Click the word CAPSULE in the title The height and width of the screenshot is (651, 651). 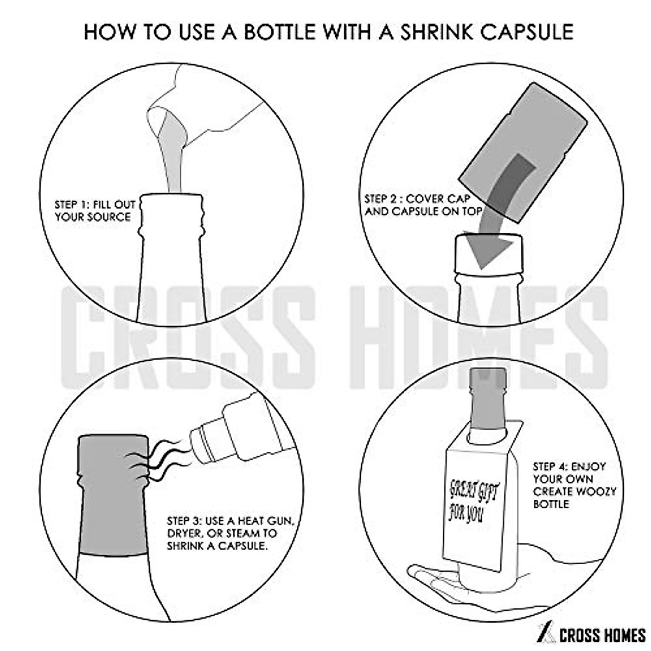[527, 33]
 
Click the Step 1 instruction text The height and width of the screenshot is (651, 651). [95, 210]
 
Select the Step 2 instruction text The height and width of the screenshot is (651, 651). [424, 205]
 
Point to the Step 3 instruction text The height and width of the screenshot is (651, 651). [231, 533]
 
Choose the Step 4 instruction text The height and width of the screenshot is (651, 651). [575, 487]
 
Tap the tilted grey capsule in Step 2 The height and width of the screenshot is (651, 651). [522, 152]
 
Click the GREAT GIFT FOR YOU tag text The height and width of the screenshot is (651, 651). [473, 503]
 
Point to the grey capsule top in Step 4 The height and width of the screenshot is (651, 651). [488, 398]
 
